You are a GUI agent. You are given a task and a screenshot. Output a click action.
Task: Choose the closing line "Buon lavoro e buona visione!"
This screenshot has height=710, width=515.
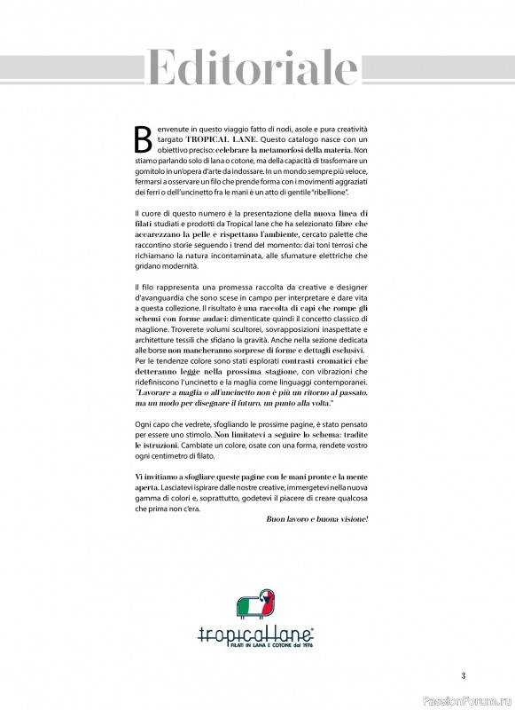click(x=316, y=517)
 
